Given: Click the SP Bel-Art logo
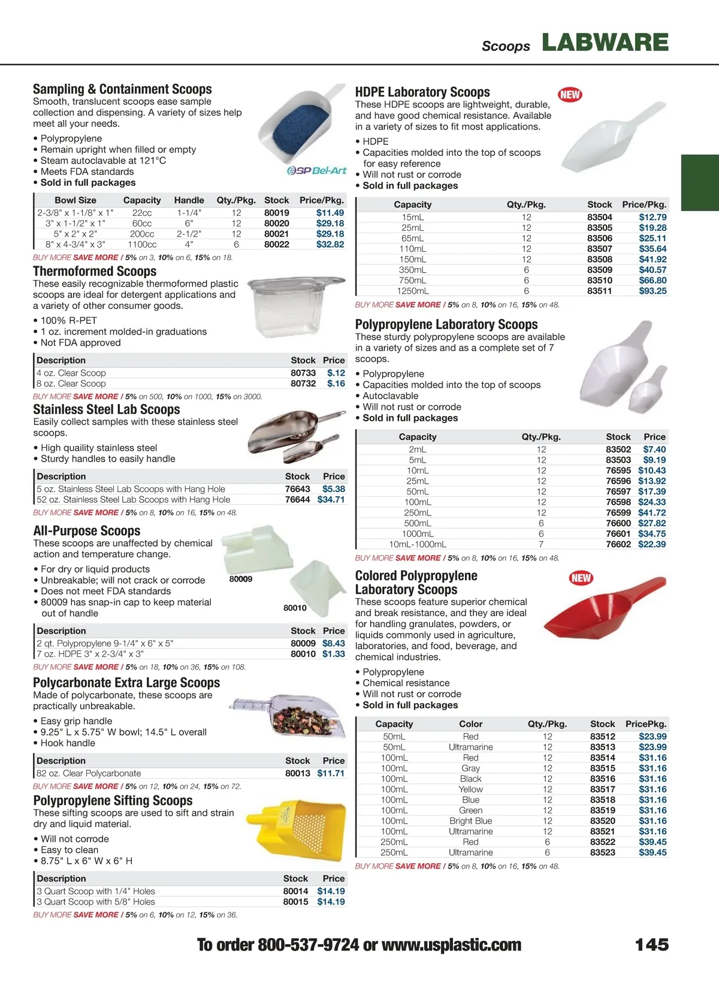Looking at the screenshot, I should [x=317, y=171].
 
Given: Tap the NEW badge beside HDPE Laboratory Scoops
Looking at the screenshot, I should [x=570, y=95].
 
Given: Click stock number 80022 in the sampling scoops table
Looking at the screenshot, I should [x=276, y=245].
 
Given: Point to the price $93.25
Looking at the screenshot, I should [x=652, y=291].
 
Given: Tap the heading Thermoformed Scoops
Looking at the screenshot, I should [x=95, y=272].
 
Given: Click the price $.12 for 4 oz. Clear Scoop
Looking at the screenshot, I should [x=336, y=373].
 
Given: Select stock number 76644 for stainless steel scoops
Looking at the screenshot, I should [x=297, y=500].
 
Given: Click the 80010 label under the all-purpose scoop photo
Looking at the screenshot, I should [x=295, y=608].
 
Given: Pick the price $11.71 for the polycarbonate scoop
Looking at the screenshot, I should [x=331, y=773].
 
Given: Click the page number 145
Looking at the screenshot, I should [x=651, y=945].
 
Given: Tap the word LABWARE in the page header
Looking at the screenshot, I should [x=605, y=43].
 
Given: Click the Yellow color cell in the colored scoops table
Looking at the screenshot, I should [x=470, y=789].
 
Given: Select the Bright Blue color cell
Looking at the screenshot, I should [x=470, y=821].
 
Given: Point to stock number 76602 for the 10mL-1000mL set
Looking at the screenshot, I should [x=618, y=544].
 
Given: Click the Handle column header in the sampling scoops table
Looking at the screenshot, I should [x=189, y=200].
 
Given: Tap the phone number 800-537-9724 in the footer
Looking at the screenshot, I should [x=308, y=945].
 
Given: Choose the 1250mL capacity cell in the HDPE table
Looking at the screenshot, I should [x=412, y=291].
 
